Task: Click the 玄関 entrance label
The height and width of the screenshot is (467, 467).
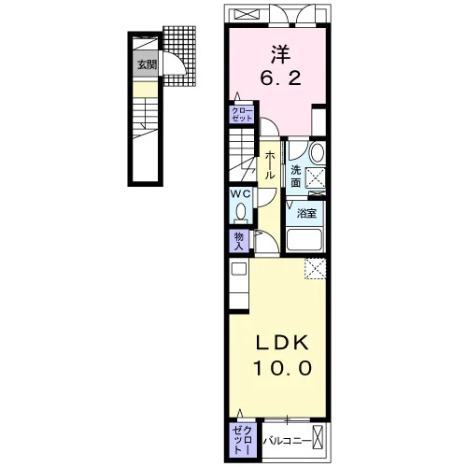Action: (147, 65)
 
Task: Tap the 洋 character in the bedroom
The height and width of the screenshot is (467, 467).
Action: (280, 54)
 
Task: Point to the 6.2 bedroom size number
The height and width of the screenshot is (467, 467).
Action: (280, 78)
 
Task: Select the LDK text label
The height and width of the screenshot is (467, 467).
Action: (282, 344)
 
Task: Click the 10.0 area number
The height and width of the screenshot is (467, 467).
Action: (282, 368)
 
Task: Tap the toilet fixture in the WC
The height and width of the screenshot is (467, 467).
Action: (240, 213)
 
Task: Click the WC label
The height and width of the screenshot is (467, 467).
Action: (240, 194)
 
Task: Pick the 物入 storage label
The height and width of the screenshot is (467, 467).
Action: (239, 241)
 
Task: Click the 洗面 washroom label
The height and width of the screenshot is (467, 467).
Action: (295, 177)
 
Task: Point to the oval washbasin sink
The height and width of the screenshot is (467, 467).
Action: (318, 152)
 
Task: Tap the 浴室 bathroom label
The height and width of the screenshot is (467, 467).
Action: (306, 213)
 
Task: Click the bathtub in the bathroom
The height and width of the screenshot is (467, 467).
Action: (304, 240)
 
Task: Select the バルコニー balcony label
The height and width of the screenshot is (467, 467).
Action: (287, 441)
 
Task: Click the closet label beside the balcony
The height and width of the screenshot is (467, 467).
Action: (243, 440)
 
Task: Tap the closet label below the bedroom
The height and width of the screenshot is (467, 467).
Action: (242, 115)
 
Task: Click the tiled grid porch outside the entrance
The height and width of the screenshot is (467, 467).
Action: (179, 56)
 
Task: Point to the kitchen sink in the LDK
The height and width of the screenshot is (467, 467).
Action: (239, 269)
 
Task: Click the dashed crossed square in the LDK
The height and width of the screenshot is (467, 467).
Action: (316, 269)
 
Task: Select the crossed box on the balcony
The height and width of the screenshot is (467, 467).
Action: (318, 438)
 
